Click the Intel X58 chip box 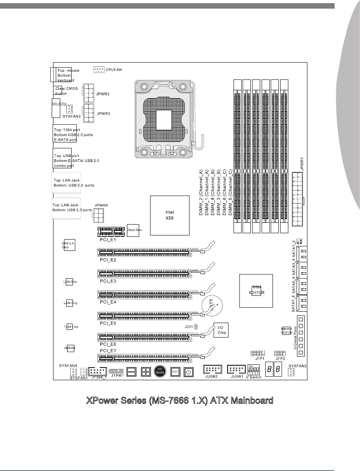coord(170,215)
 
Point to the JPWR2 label coord(103,93)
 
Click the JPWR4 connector coord(99,217)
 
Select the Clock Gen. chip coord(135,231)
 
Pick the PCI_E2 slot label coord(108,260)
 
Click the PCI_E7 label coord(108,351)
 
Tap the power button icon coord(189,372)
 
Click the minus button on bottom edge coord(131,372)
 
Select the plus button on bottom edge coord(146,372)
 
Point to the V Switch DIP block coord(254,369)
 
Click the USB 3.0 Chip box coord(69,245)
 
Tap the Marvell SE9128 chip coord(286,330)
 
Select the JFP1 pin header coord(257,353)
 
